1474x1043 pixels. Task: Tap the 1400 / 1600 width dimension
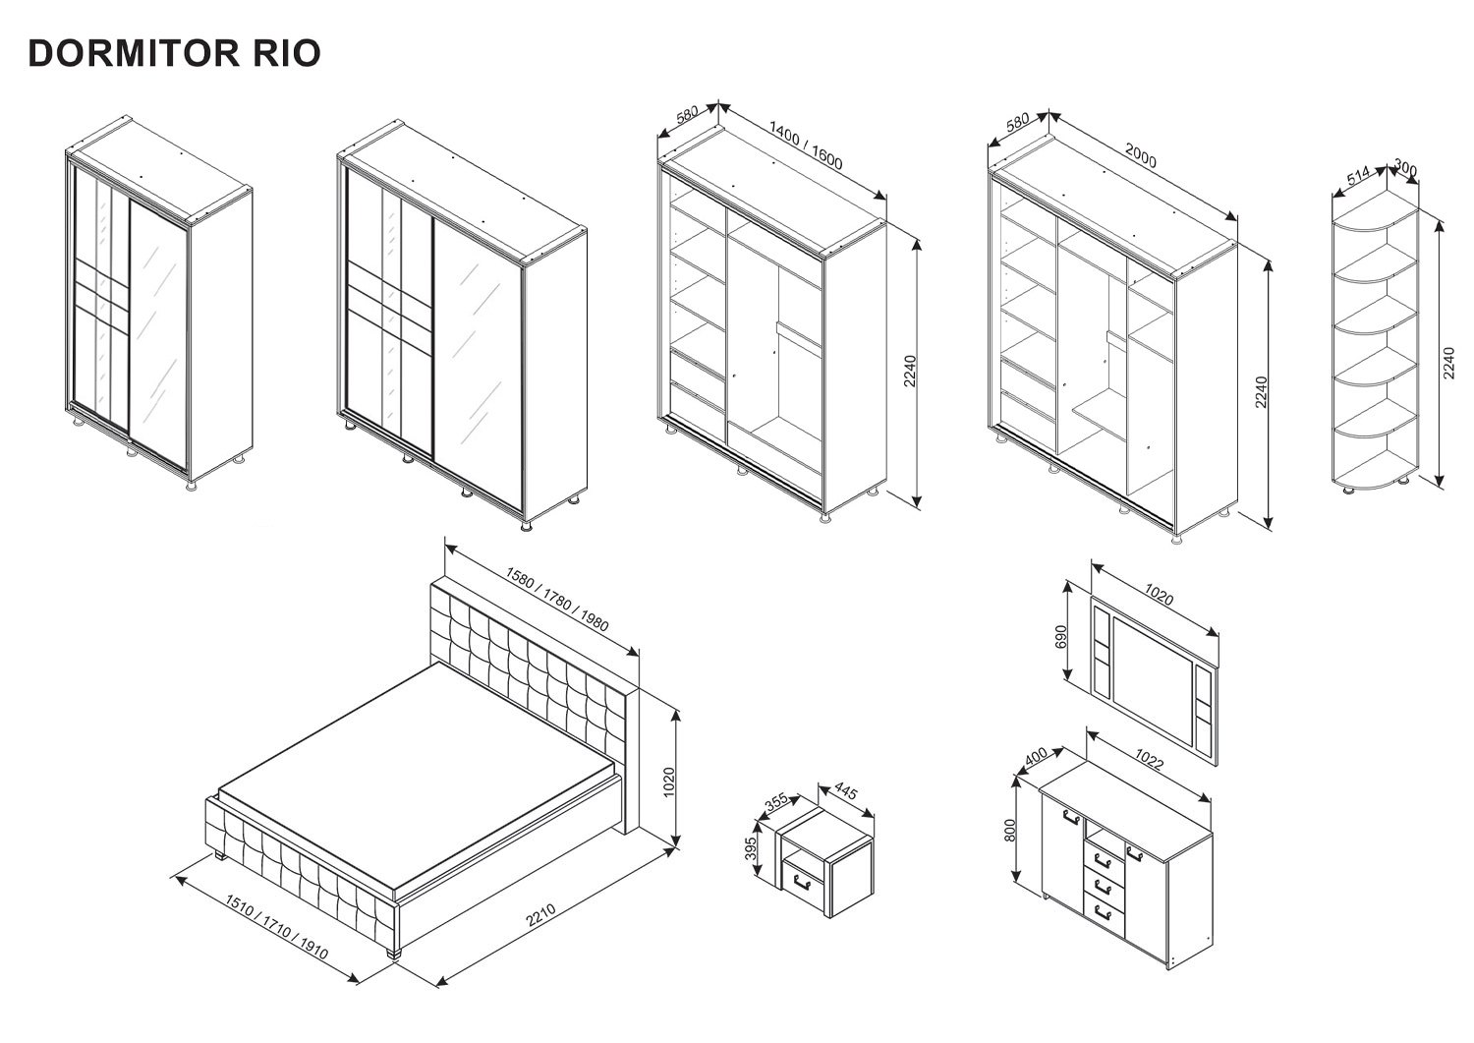[x=806, y=145]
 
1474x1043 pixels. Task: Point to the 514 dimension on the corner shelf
[x=1358, y=177]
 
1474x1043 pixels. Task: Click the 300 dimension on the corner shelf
[x=1405, y=170]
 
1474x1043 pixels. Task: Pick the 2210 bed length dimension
[x=540, y=915]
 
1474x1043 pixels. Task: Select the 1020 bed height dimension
[x=669, y=782]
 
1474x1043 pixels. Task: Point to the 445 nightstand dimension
[x=845, y=793]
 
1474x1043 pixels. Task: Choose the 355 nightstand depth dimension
[x=776, y=802]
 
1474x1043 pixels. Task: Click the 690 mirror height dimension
[x=1059, y=637]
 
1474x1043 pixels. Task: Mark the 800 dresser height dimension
[x=1009, y=831]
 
